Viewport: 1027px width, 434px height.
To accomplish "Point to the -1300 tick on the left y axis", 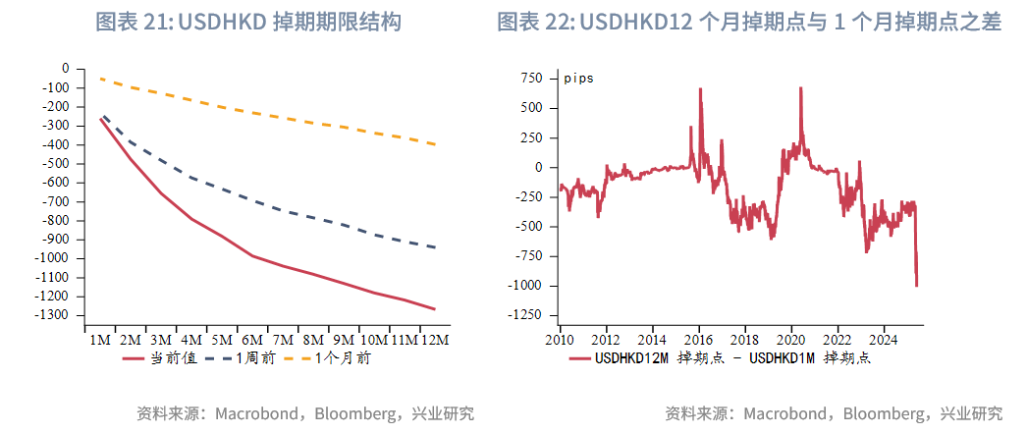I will [x=54, y=315].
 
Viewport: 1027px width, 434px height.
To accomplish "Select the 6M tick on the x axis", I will [x=252, y=340].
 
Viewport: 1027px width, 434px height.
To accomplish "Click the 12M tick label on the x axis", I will [x=433, y=340].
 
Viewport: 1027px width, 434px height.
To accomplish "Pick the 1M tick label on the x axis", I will [x=101, y=340].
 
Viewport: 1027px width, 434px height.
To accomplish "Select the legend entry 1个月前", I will [x=343, y=359].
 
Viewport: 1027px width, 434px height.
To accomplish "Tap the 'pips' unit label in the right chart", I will [x=578, y=79].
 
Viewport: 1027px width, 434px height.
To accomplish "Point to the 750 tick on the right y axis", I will [x=530, y=78].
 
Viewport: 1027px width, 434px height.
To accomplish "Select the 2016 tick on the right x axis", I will [x=698, y=340].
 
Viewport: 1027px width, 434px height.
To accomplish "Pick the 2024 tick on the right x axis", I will [x=883, y=340].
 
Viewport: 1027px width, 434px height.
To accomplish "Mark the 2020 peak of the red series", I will [x=800, y=87].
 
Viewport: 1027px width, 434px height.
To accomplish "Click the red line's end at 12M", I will [x=433, y=309].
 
